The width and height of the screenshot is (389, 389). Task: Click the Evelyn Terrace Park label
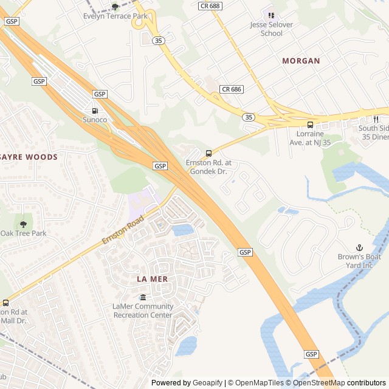tap(115, 16)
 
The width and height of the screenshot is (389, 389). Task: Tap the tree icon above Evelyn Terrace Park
tap(115, 7)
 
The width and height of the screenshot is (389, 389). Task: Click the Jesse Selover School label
tap(271, 29)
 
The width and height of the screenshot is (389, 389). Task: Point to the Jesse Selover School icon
tap(271, 15)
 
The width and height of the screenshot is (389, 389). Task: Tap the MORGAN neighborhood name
tap(301, 61)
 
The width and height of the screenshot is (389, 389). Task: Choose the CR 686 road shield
tap(231, 89)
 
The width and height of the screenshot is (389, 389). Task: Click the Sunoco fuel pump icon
tap(95, 111)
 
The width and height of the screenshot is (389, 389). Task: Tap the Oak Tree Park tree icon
tap(23, 224)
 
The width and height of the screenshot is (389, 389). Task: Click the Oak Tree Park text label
tap(23, 233)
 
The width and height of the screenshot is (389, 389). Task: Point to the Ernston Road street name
tap(123, 230)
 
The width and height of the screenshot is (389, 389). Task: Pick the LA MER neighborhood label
tap(152, 278)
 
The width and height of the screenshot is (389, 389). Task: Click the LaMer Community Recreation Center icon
tap(142, 297)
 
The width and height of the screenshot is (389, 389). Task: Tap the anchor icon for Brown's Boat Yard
tap(359, 247)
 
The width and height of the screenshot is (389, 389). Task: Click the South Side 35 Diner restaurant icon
tap(376, 119)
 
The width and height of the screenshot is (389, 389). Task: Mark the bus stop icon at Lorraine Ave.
tap(311, 125)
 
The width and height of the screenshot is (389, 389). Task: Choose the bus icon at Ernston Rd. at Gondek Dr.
tap(208, 153)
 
